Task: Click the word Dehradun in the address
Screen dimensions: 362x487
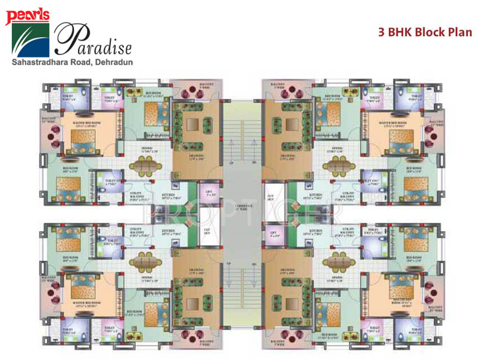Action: pos(116,62)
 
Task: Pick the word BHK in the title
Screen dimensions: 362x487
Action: pos(400,32)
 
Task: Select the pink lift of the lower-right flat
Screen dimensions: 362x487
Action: pos(274,234)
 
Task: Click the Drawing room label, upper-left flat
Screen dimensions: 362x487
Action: pos(196,159)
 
